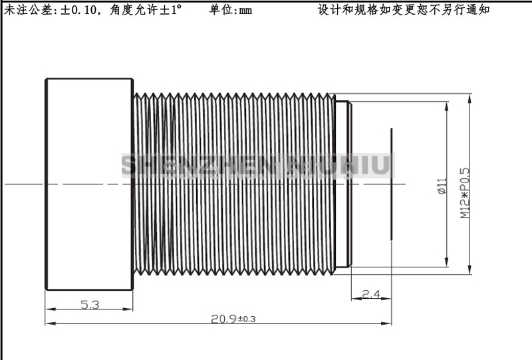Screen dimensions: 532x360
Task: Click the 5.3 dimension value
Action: click(x=90, y=305)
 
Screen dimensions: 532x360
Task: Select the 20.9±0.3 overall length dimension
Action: click(x=233, y=319)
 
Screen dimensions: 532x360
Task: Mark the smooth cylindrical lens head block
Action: click(x=89, y=184)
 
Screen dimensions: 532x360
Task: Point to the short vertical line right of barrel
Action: click(x=392, y=183)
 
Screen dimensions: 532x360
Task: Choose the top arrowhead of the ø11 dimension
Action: click(x=446, y=104)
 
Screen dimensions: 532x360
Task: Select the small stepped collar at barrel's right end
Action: click(x=342, y=184)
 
